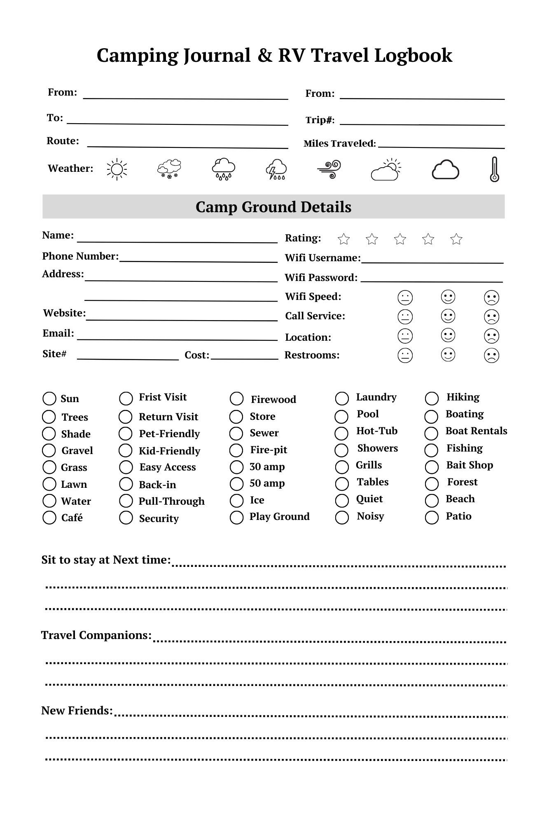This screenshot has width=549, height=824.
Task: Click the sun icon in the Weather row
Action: [117, 169]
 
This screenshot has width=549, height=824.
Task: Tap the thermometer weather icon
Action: [494, 169]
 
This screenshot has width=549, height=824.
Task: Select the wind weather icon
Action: [329, 169]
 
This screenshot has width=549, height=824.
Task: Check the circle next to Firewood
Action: [237, 399]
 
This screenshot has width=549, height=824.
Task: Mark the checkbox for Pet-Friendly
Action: [126, 434]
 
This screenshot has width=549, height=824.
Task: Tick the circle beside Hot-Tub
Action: [341, 433]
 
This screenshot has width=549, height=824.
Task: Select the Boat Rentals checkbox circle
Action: [431, 433]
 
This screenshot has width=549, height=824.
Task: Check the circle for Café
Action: [49, 518]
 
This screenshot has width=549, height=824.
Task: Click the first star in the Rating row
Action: [343, 239]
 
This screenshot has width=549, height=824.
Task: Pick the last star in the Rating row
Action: [456, 239]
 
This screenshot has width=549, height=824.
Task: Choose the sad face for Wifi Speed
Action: [492, 297]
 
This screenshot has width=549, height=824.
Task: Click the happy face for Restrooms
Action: [448, 355]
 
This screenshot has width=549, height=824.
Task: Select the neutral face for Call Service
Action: [405, 317]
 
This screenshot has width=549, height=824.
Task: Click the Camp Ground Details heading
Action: [273, 207]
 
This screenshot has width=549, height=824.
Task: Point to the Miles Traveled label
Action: [340, 144]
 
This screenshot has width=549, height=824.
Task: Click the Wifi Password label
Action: [321, 278]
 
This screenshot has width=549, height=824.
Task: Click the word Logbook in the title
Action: [413, 56]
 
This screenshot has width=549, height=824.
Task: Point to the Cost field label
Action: [197, 355]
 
